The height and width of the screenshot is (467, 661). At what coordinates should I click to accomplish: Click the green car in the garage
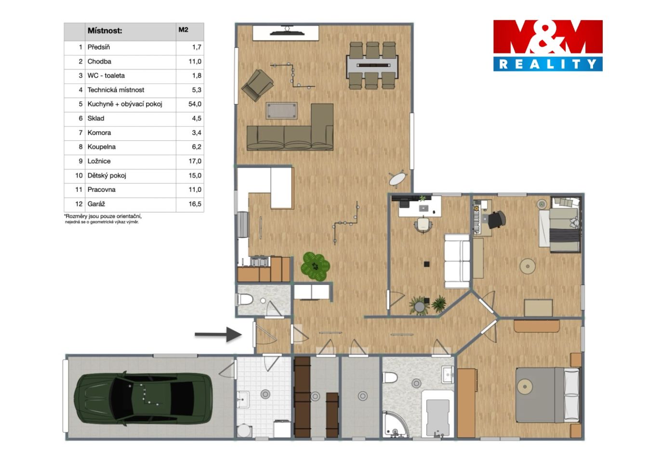pos(143,398)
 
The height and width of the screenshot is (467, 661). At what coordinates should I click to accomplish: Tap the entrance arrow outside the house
pos(218,334)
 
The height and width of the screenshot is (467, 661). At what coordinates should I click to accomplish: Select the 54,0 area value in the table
pos(195,104)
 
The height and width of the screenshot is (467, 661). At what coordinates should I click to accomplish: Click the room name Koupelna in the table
pos(102,147)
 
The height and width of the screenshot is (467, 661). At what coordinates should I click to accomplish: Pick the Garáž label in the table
pos(96,204)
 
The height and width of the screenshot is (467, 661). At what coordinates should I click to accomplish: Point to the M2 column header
pos(183,29)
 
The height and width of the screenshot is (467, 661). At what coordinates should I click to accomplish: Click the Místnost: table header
pos(105,30)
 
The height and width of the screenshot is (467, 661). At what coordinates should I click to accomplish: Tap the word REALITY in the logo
pos(548,64)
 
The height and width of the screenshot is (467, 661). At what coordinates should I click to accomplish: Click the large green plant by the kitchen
pos(315,266)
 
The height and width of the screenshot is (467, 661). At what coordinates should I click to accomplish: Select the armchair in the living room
pos(257,85)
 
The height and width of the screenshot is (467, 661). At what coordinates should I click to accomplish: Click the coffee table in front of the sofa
pos(281,111)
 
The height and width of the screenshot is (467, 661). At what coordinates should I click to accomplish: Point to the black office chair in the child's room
pos(497,219)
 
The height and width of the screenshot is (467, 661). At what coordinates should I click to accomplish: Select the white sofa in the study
pos(457,261)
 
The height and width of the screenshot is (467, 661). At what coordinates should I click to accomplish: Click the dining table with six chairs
pos(372,66)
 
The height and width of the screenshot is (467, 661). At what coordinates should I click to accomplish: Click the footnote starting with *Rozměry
pos(103,219)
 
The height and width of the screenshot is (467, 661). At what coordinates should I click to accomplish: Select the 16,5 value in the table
pos(195,204)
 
